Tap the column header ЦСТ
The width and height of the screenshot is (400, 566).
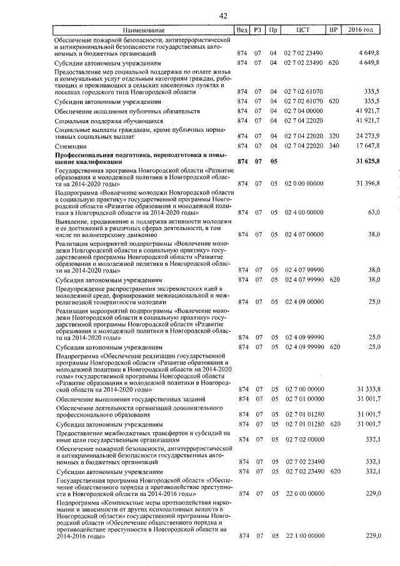click(304, 31)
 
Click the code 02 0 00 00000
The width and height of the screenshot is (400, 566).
click(304, 183)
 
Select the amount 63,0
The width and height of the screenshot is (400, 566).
click(374, 213)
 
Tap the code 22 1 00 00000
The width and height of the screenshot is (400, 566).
click(304, 536)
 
